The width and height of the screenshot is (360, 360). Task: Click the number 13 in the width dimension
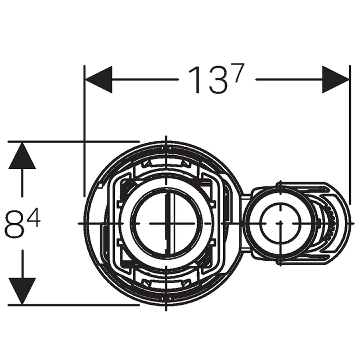coord(206,80)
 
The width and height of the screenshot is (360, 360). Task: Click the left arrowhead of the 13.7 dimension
coord(99,80)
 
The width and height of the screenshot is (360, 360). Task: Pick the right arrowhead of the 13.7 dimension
coord(336,80)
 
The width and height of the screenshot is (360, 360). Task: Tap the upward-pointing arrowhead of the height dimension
coord(22,156)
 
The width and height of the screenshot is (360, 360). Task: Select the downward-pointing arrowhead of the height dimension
coord(22,291)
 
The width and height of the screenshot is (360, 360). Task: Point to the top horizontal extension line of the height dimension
coord(72,142)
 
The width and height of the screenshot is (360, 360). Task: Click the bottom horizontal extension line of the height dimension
coord(72,305)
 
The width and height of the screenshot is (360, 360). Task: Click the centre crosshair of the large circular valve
coord(166,223)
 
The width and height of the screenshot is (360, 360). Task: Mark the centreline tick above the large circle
coord(166,139)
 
